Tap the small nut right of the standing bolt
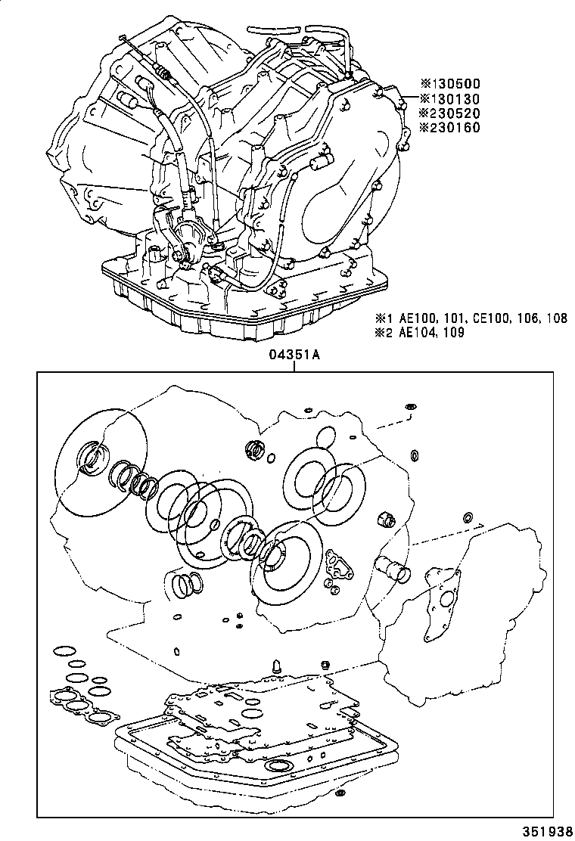(326, 665)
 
